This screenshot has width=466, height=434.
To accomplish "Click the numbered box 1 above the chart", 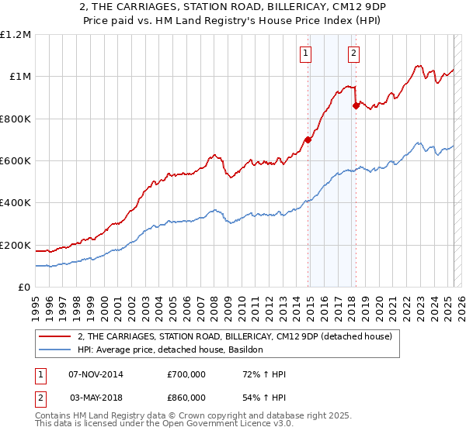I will point(306,53).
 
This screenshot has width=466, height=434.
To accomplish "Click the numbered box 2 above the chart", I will point(353,53).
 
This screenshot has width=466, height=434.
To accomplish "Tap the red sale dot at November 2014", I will point(308,139).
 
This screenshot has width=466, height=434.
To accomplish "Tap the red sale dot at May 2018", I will point(356,105).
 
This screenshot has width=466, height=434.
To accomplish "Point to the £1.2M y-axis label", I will point(16,35).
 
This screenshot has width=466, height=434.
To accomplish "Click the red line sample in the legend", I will point(55,336).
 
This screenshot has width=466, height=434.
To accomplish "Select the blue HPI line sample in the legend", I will point(55,350).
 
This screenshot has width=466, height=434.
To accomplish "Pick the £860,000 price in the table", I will point(186,397).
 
